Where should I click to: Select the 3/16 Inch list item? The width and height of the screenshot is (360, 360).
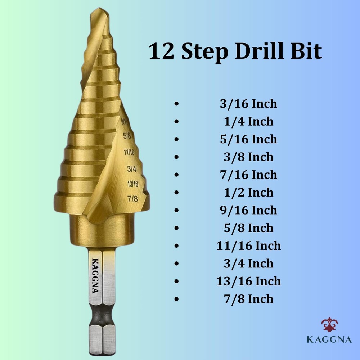[x=248, y=104]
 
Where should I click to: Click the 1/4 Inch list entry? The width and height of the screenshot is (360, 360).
[x=248, y=121]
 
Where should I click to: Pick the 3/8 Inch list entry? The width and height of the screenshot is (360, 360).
[x=248, y=157]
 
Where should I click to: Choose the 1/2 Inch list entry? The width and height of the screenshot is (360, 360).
[x=248, y=192]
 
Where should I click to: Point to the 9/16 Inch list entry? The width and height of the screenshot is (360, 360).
[x=248, y=210]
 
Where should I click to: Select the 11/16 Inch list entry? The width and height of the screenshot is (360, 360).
[x=248, y=246]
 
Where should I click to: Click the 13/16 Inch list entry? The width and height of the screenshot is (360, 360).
[x=248, y=281]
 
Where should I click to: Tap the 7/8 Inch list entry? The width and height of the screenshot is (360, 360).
[x=248, y=299]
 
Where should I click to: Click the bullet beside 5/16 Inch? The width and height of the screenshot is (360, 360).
[x=176, y=139]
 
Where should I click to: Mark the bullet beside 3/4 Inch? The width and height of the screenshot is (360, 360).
[x=176, y=264]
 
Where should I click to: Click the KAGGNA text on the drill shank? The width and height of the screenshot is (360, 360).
[x=96, y=276]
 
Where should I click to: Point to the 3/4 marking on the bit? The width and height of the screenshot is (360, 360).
[x=132, y=168]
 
